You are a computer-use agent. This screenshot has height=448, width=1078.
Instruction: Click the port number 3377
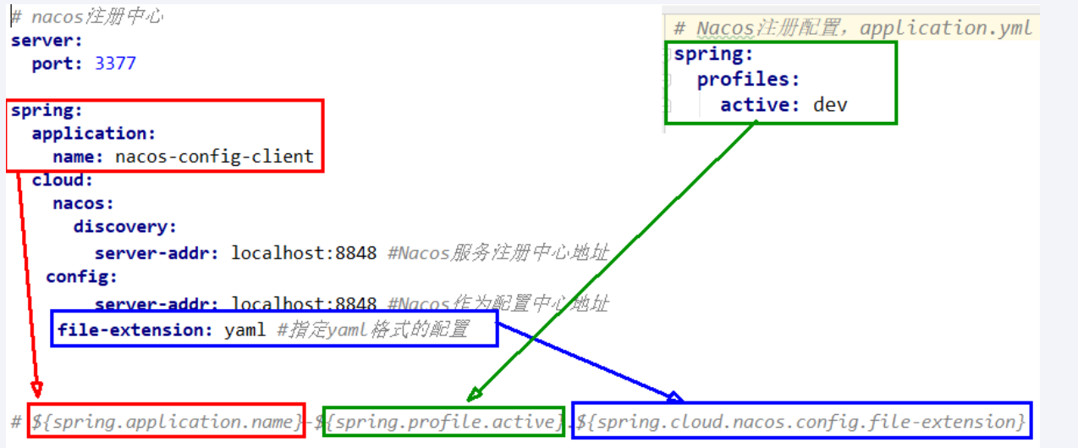pyautogui.click(x=115, y=64)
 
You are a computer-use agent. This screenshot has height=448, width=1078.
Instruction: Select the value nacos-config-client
pyautogui.click(x=214, y=157)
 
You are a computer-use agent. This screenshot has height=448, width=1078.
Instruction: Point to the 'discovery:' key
pyautogui.click(x=125, y=227)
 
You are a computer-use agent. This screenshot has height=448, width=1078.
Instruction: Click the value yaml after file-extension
pyautogui.click(x=245, y=329)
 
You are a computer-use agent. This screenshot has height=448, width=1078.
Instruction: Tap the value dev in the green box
pyautogui.click(x=830, y=105)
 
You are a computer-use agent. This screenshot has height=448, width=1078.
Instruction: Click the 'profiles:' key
pyautogui.click(x=748, y=80)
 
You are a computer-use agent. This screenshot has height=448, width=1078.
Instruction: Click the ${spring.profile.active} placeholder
pyautogui.click(x=444, y=421)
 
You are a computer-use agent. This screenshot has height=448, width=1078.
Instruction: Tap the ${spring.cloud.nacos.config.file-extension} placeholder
pyautogui.click(x=800, y=421)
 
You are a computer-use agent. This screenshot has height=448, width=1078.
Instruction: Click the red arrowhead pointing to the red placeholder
pyautogui.click(x=36, y=390)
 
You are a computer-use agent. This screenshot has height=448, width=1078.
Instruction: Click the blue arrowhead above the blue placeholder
pyautogui.click(x=674, y=396)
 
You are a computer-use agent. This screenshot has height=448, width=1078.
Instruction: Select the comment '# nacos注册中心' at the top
pyautogui.click(x=86, y=17)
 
